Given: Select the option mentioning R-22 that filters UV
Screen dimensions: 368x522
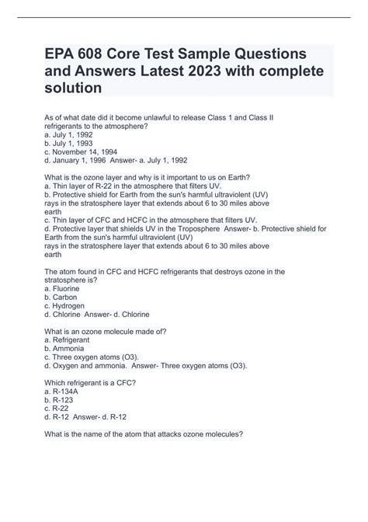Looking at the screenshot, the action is [134, 187].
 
